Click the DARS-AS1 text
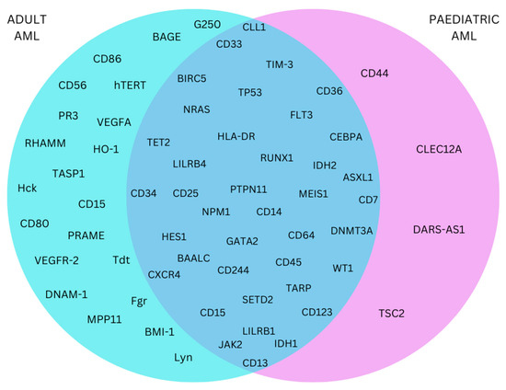438,228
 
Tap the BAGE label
167,37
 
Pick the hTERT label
131,85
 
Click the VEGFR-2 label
56,258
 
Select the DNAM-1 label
66,293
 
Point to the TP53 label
249,93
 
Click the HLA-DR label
236,136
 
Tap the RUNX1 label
276,157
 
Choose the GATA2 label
242,241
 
